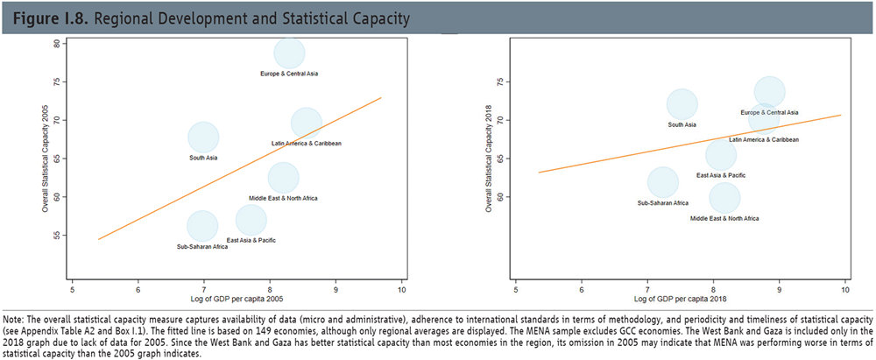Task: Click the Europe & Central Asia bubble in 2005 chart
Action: pyautogui.click(x=289, y=54)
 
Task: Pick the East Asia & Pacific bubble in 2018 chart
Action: pyautogui.click(x=720, y=156)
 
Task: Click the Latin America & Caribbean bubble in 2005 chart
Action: pyautogui.click(x=306, y=124)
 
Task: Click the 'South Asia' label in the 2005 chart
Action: pyautogui.click(x=203, y=158)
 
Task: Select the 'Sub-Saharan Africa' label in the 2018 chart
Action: pyautogui.click(x=663, y=202)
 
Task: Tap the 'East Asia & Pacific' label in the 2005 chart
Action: pyautogui.click(x=252, y=240)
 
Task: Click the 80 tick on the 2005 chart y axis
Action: pyautogui.click(x=55, y=44)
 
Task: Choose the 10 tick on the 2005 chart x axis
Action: pyautogui.click(x=401, y=288)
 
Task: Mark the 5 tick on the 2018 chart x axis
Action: pyautogui.click(x=515, y=288)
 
